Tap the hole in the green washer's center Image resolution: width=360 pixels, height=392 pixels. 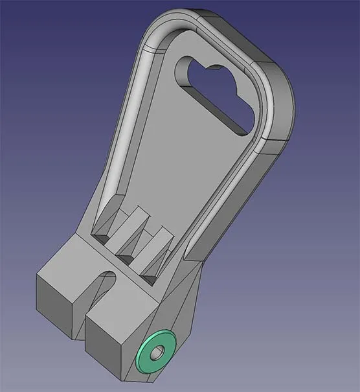(x=156, y=353)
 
